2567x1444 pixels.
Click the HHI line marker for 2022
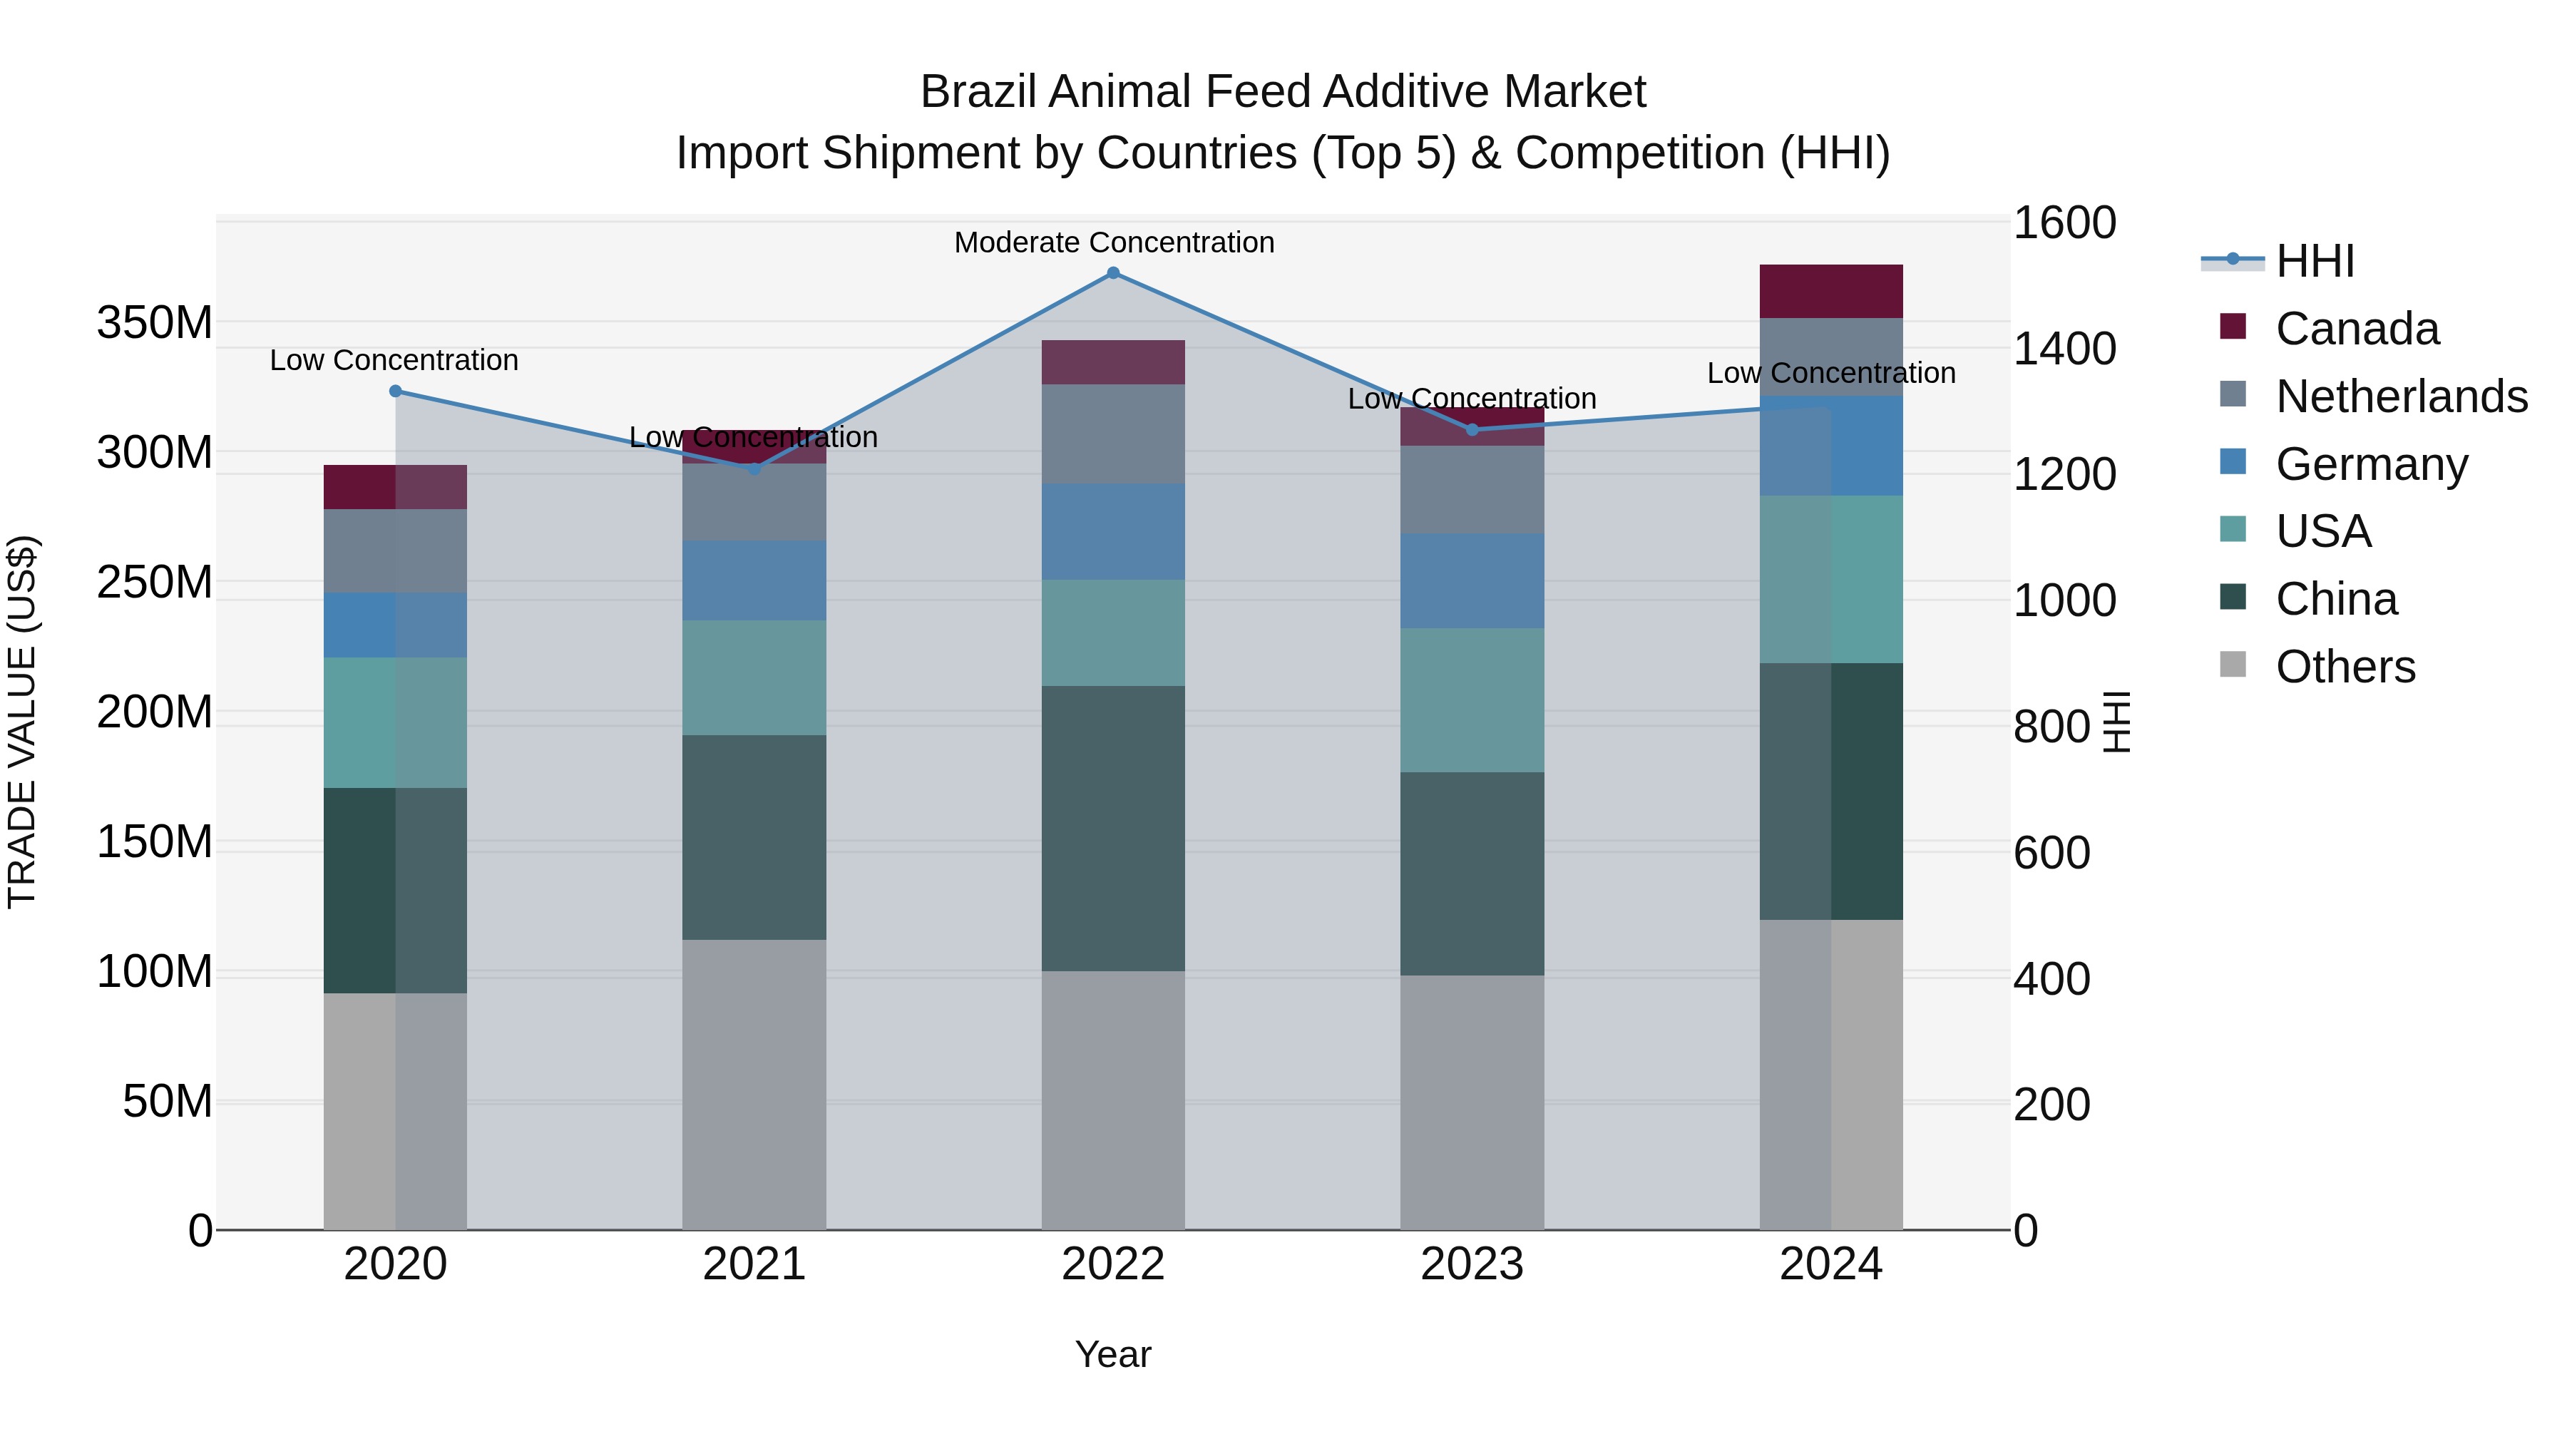(1113, 273)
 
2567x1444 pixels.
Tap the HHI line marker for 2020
(396, 391)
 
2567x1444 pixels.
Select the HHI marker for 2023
(1472, 429)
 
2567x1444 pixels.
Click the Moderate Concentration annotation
(1113, 242)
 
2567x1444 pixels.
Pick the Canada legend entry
(2357, 329)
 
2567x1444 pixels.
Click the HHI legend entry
(2315, 261)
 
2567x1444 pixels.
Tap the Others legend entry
(2345, 667)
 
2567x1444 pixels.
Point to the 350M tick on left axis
(155, 323)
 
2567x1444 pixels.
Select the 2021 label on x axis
(754, 1264)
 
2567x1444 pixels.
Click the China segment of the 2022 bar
(1113, 828)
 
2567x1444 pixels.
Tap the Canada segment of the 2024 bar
(1830, 291)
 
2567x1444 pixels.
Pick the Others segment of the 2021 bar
(754, 1084)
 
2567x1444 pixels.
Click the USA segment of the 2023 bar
(1472, 700)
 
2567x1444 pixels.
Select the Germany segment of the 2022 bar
(1113, 531)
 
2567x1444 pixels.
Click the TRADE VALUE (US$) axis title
(22, 722)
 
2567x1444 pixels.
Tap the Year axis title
(1113, 1354)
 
